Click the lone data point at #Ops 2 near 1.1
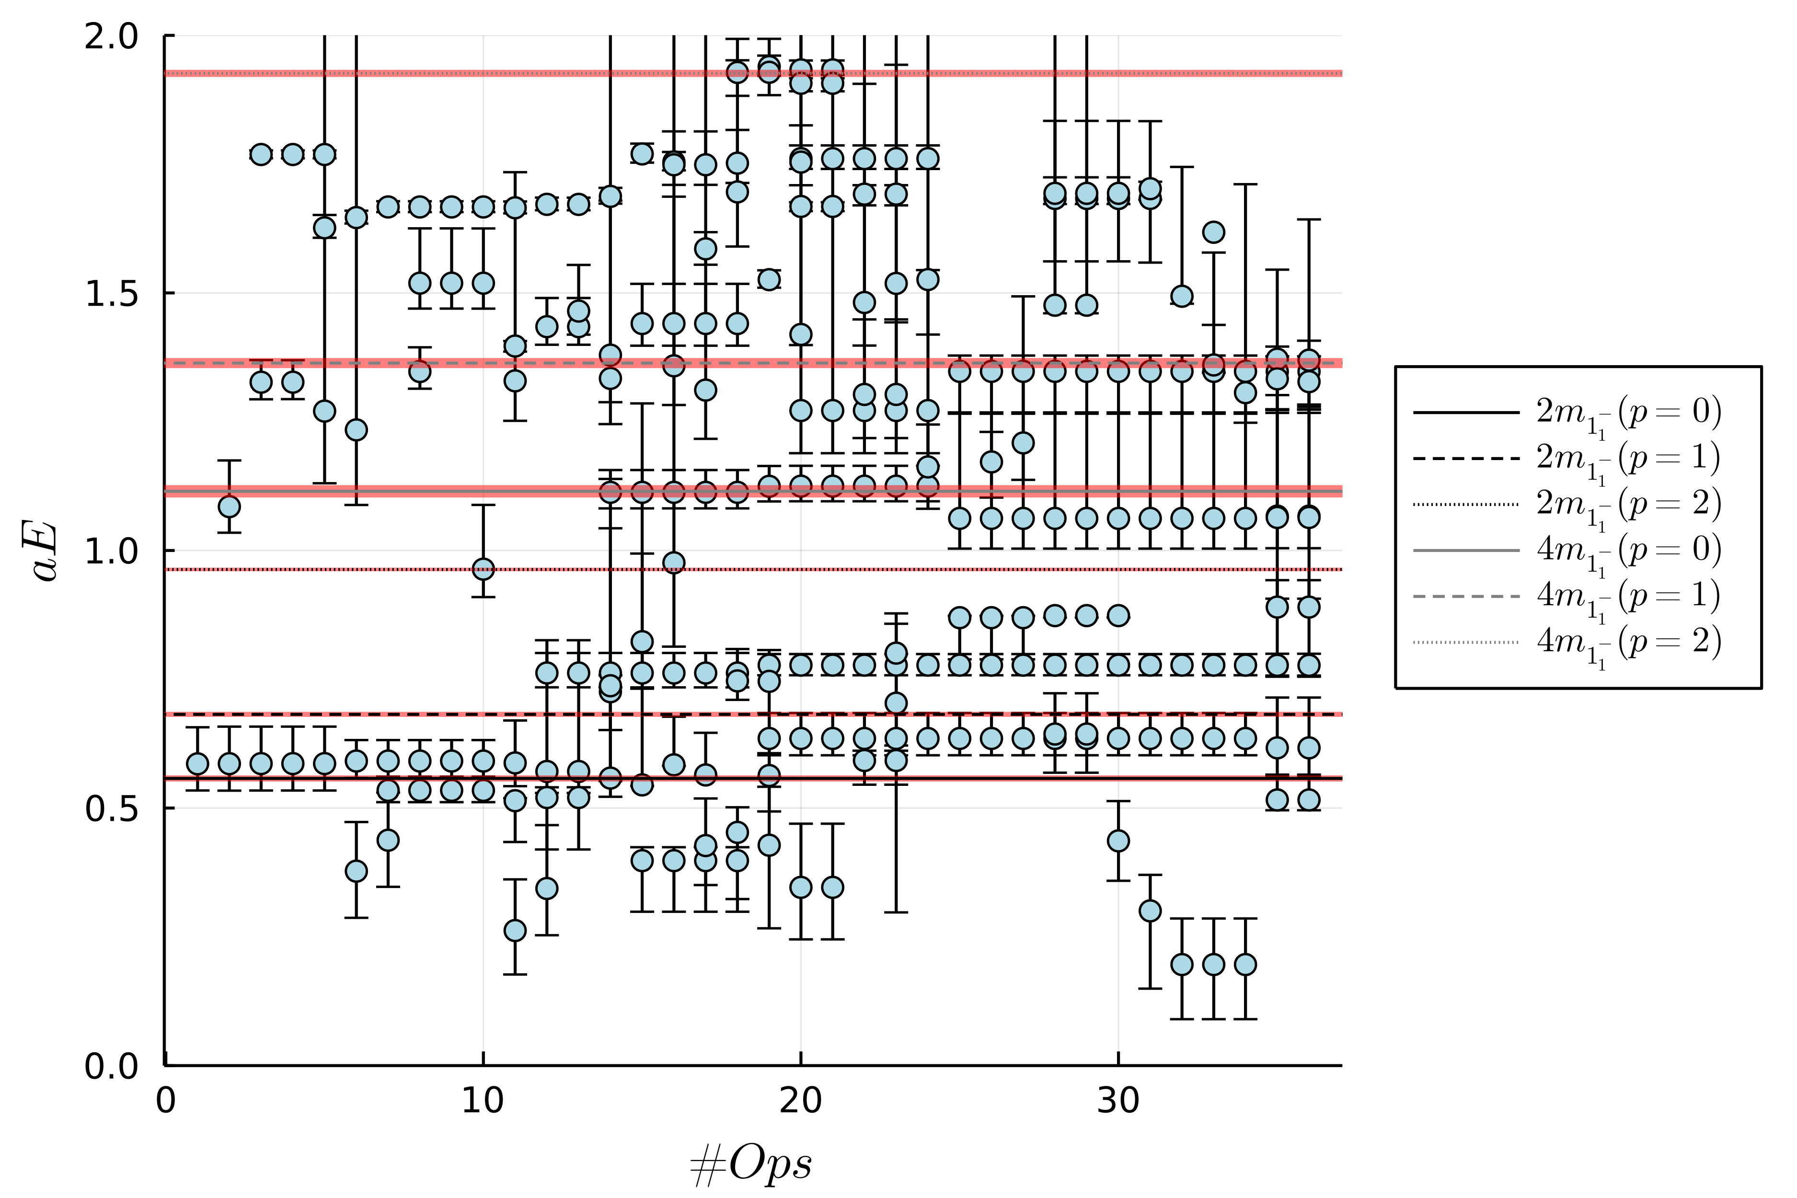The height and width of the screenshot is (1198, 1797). (229, 507)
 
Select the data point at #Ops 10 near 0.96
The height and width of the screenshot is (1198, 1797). (483, 569)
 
